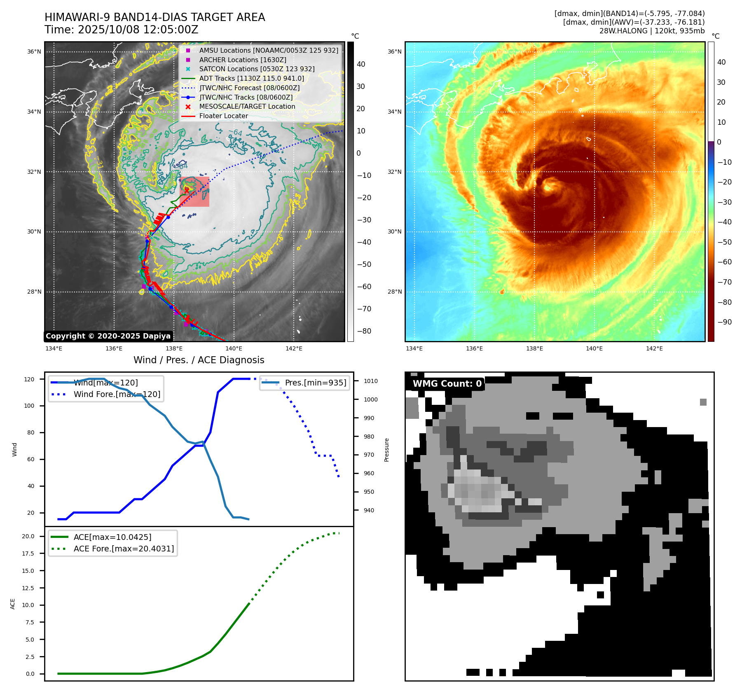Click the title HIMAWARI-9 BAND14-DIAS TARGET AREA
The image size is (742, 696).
click(154, 17)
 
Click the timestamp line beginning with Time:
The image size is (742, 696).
click(122, 30)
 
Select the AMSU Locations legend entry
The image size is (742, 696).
click(269, 50)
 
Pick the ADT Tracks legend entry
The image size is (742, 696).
click(251, 78)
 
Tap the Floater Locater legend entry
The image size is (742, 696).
click(223, 116)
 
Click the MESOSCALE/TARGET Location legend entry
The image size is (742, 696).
click(247, 107)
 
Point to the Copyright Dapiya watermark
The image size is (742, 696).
click(108, 336)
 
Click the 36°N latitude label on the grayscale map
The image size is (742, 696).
click(34, 52)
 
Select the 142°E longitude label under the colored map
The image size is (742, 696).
click(654, 349)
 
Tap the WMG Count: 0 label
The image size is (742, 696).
click(447, 384)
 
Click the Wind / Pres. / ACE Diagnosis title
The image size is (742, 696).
click(199, 360)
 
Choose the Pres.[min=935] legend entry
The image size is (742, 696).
click(315, 383)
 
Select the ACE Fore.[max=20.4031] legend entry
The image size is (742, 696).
click(124, 549)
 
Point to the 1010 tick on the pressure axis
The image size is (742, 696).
click(370, 381)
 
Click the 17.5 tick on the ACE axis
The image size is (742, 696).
click(28, 554)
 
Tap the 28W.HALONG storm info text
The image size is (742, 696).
click(652, 31)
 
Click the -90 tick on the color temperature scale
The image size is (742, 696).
click(724, 322)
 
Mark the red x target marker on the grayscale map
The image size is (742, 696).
click(187, 190)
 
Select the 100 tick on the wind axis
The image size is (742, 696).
click(29, 406)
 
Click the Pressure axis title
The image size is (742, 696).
click(386, 450)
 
